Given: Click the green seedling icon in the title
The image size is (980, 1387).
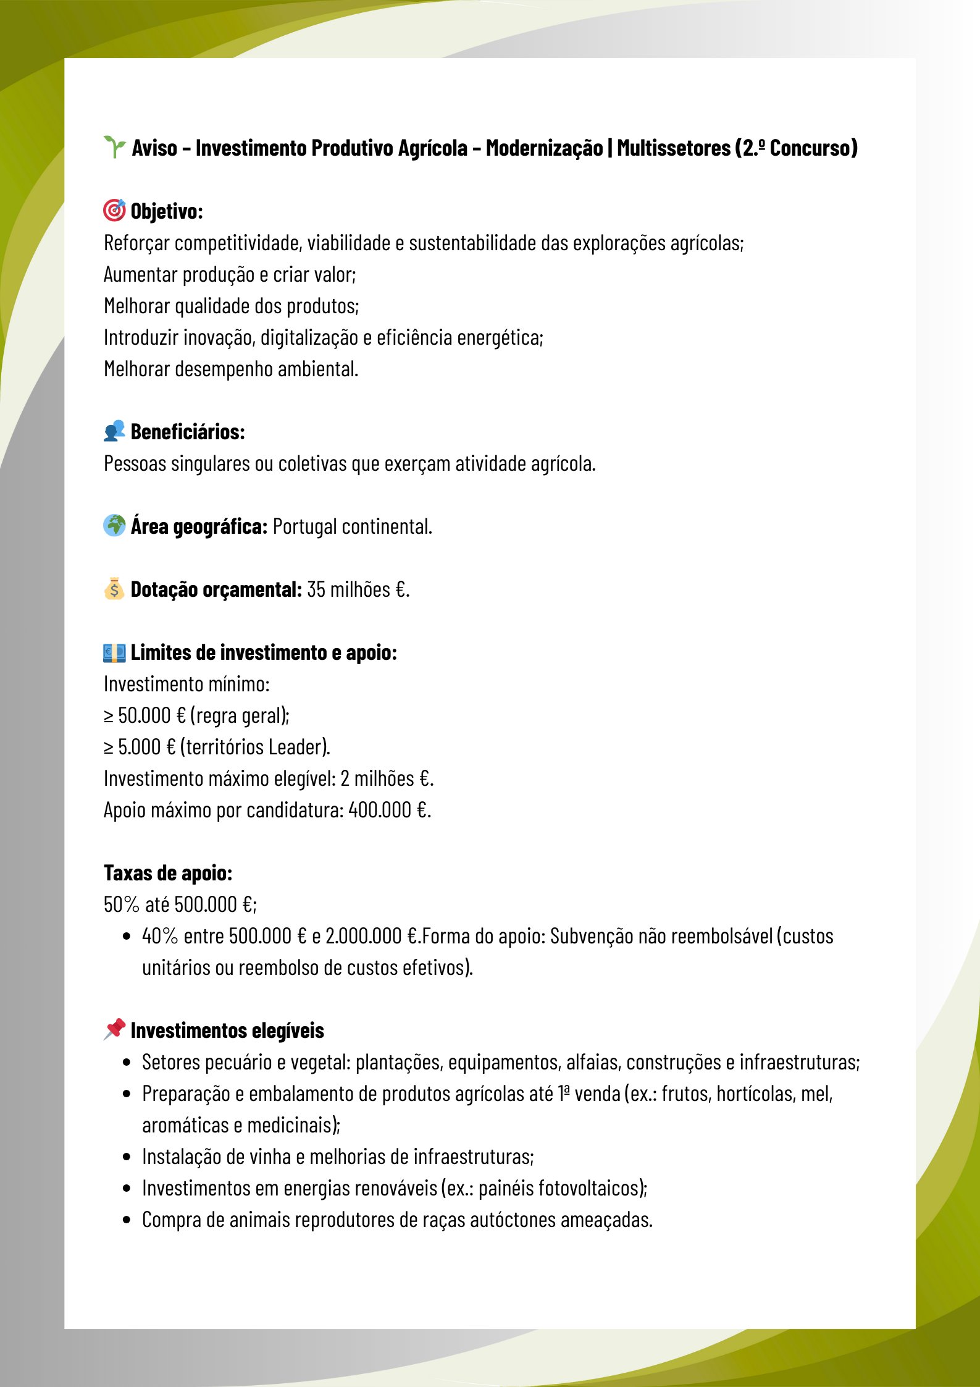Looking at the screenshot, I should (114, 147).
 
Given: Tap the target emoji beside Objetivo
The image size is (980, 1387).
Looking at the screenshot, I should (114, 210).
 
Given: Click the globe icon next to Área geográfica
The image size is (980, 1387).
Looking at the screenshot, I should (114, 526).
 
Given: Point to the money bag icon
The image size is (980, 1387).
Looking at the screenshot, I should (114, 589).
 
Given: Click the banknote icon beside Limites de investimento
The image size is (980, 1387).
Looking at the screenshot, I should (114, 652).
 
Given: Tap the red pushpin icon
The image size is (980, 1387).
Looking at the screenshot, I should (114, 1029).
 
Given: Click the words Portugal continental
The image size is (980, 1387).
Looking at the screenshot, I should (352, 526).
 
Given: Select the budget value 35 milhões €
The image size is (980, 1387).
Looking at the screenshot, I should (358, 589).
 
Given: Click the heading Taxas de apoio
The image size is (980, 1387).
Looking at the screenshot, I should (168, 873).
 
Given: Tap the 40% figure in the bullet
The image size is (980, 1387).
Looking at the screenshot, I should (160, 936).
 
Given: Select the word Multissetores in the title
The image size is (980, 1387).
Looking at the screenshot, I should (674, 148).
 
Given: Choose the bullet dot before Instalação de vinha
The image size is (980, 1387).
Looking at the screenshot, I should (127, 1157).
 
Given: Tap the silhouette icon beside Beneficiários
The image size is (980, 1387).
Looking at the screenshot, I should (114, 431).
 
